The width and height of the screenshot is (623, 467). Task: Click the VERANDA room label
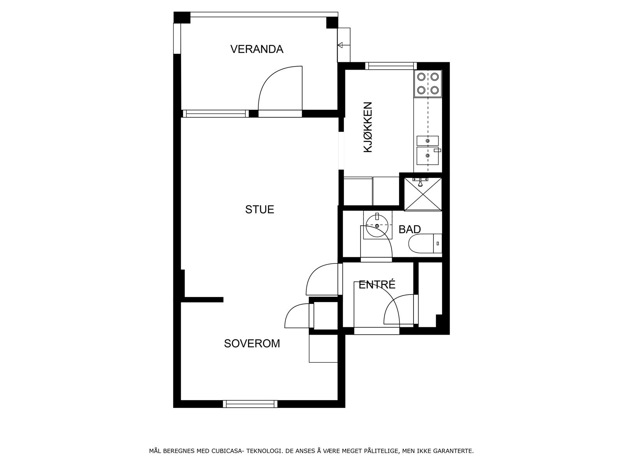point(257,49)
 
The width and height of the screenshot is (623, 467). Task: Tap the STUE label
point(259,209)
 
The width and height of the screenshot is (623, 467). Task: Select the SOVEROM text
point(252,343)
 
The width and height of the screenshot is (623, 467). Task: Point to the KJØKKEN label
point(368,127)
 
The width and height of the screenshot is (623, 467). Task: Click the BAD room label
point(410,229)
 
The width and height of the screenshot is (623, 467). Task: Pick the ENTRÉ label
point(377,285)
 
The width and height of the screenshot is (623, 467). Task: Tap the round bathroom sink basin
point(377,225)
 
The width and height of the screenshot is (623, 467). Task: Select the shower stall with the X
point(423,194)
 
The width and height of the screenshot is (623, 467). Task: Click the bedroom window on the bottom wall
point(250,404)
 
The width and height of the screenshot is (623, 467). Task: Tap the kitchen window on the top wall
point(391,66)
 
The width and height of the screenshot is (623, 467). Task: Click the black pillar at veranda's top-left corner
point(182,18)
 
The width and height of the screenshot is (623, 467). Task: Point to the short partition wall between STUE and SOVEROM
point(202,300)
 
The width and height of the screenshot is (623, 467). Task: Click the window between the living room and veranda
point(215,114)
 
